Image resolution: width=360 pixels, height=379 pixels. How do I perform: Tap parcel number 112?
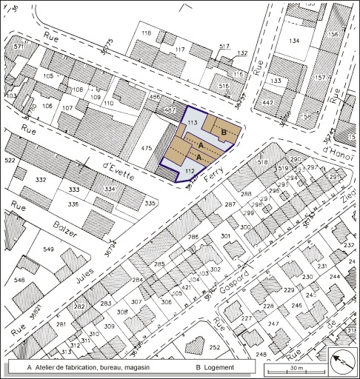pyautogui.click(x=169, y=170)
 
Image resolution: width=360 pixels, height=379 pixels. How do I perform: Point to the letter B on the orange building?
pyautogui.click(x=224, y=132)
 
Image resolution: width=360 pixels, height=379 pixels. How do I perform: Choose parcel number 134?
pyautogui.click(x=295, y=41)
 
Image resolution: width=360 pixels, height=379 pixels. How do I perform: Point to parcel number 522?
pyautogui.click(x=10, y=161)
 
